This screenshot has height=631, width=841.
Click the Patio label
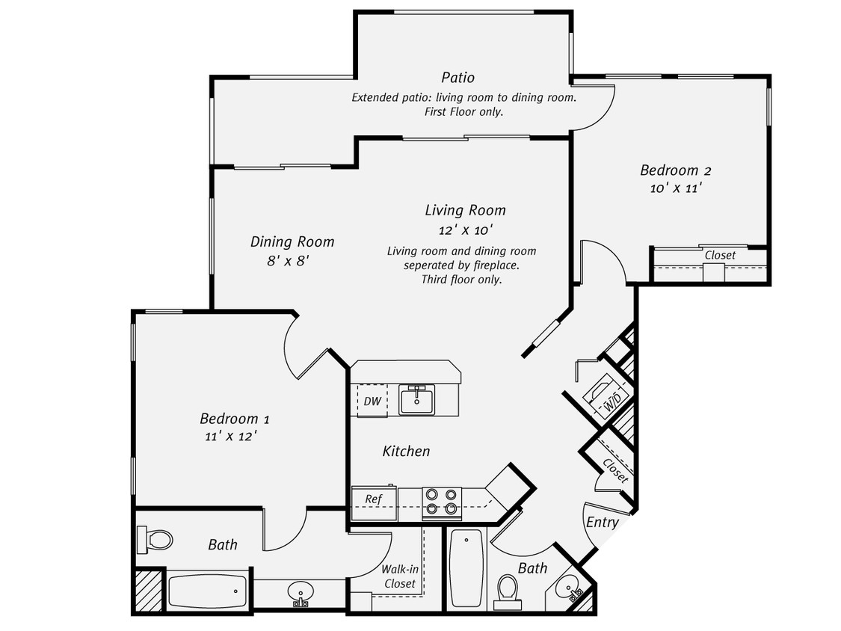pyautogui.click(x=458, y=78)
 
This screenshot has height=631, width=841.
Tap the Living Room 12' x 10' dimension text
pyautogui.click(x=465, y=230)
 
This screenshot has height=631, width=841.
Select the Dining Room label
pyautogui.click(x=292, y=241)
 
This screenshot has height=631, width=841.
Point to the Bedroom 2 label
pyautogui.click(x=670, y=170)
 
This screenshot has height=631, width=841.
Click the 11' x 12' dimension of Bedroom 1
pyautogui.click(x=234, y=436)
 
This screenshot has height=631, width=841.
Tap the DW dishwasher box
pyautogui.click(x=372, y=401)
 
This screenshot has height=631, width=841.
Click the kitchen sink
pyautogui.click(x=417, y=401)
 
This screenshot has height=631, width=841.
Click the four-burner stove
pyautogui.click(x=441, y=502)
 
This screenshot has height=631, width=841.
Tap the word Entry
pyautogui.click(x=602, y=522)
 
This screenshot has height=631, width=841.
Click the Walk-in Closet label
pyautogui.click(x=400, y=576)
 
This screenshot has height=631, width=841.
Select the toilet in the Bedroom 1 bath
pyautogui.click(x=155, y=538)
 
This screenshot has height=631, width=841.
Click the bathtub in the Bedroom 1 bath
pyautogui.click(x=207, y=591)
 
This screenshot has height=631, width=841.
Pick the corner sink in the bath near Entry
pyautogui.click(x=572, y=590)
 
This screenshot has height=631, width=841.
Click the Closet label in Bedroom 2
pyautogui.click(x=720, y=255)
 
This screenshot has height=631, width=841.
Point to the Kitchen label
pyautogui.click(x=406, y=451)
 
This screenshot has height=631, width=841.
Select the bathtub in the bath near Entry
pyautogui.click(x=466, y=569)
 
